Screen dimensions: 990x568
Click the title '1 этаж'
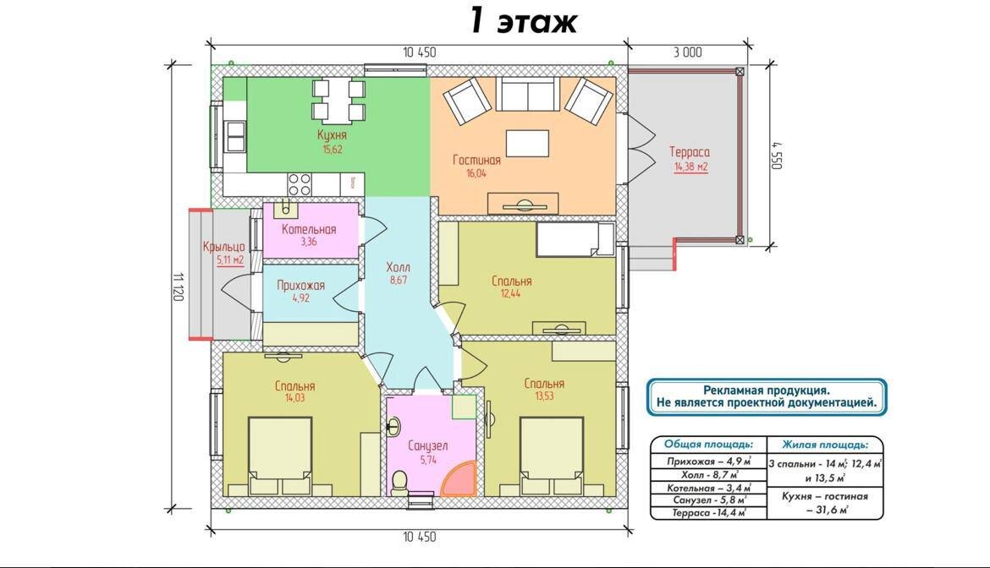tap(523, 21)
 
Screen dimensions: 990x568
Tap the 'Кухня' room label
tap(332, 135)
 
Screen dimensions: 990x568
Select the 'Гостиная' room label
tap(476, 160)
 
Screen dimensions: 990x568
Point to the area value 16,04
tap(476, 174)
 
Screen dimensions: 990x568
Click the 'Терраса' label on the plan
tap(690, 152)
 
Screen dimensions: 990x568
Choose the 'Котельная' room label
tap(309, 229)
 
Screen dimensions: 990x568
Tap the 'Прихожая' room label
tap(300, 286)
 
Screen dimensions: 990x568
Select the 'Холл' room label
tap(399, 267)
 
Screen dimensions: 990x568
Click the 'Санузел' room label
tap(428, 446)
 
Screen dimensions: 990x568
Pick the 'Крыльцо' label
tap(223, 247)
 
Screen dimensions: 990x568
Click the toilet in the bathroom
tap(399, 483)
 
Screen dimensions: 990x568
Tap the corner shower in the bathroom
tap(458, 479)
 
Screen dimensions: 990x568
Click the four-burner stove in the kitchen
tap(300, 184)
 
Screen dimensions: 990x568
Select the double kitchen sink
tap(235, 136)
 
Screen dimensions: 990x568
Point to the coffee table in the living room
tap(527, 143)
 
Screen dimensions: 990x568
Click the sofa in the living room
tap(527, 94)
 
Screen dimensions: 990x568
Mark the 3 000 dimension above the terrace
tap(687, 53)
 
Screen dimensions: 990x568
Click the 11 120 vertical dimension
tap(178, 287)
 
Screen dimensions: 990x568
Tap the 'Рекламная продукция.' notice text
tap(767, 390)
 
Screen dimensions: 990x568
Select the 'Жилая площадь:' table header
tap(825, 445)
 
